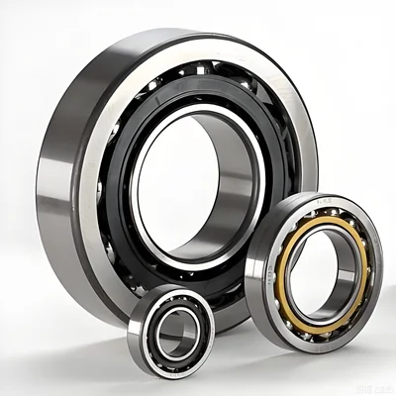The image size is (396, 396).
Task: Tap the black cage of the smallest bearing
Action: (158, 317)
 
